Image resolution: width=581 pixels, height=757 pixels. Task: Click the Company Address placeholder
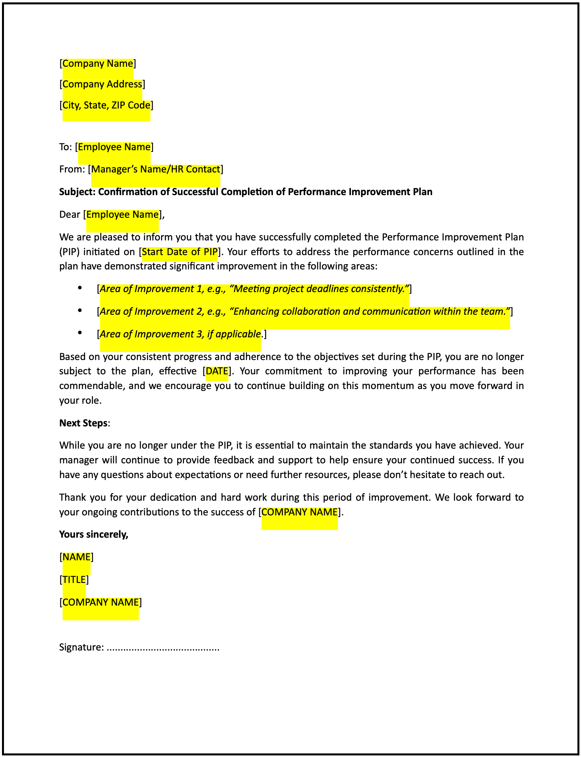102,84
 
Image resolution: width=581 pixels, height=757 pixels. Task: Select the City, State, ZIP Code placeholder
107,105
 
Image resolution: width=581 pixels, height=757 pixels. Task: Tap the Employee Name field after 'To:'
114,147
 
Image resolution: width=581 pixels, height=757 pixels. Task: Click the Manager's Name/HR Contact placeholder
155,169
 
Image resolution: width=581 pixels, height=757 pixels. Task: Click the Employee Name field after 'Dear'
122,215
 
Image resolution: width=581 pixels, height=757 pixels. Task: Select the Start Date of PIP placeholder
180,252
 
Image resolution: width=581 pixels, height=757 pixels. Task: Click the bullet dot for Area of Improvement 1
80,288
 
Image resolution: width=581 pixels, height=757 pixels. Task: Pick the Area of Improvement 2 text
305,312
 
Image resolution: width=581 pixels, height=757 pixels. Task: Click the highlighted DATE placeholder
217,371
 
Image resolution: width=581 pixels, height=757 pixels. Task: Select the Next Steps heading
83,423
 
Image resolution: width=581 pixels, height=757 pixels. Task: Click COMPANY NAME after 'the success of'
299,512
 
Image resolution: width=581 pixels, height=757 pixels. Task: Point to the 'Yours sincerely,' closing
94,534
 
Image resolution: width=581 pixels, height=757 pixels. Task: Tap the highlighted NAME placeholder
77,557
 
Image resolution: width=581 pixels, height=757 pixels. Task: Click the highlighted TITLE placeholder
74,580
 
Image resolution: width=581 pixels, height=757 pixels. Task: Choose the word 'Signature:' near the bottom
81,647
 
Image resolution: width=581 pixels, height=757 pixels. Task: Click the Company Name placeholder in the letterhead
98,64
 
